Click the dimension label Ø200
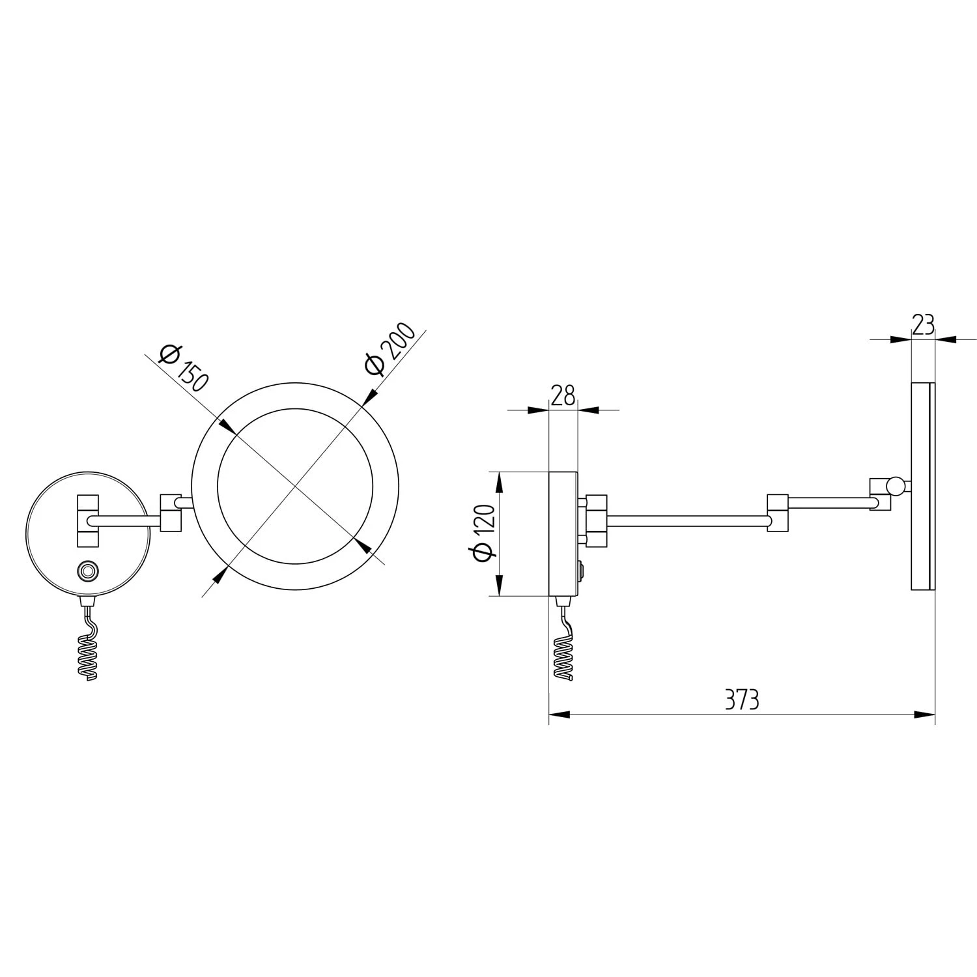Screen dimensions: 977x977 [391, 349]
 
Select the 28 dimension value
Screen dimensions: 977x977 [563, 395]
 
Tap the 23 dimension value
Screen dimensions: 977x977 [924, 324]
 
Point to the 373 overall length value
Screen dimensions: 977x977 [742, 700]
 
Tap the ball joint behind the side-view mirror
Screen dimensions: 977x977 [897, 485]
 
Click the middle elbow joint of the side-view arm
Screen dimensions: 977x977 [778, 513]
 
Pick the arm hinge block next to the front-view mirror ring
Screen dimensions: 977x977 [171, 511]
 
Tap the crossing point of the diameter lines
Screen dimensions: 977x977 [294, 486]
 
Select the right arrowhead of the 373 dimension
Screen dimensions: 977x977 [926, 715]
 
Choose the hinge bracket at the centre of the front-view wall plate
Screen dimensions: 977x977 [88, 520]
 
